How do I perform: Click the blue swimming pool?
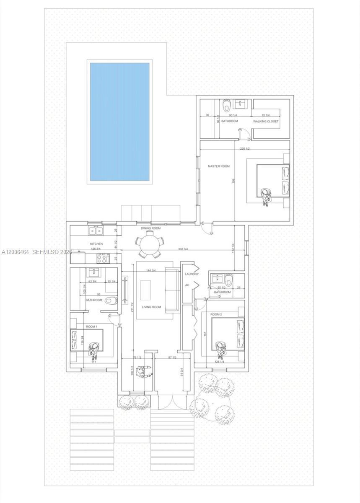(119, 122)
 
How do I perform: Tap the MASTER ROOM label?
(219, 166)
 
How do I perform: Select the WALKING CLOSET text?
(266, 121)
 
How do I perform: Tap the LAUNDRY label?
(191, 274)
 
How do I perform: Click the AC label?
(187, 285)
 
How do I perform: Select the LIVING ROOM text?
(151, 307)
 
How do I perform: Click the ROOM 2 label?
(216, 314)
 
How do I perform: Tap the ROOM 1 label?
(91, 326)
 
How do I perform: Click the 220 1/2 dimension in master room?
(245, 148)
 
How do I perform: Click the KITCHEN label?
(96, 244)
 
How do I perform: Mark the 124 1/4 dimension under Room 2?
(219, 361)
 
